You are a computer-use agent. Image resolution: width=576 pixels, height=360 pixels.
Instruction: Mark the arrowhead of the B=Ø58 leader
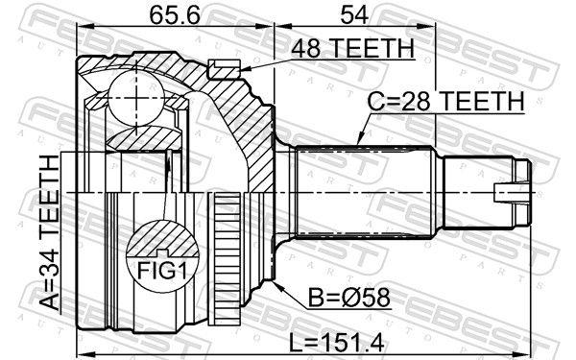pyautogui.click(x=276, y=284)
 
